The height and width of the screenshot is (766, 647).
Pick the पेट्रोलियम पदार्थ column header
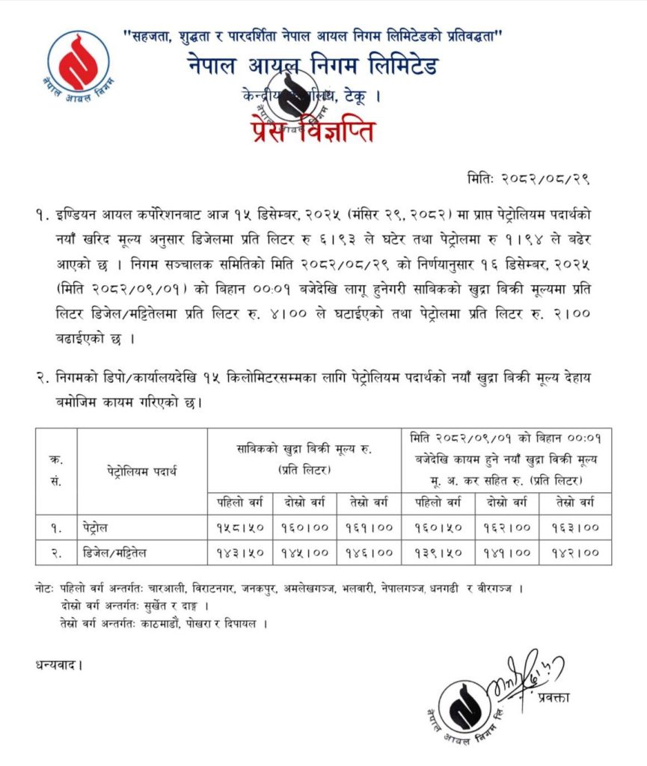(141, 471)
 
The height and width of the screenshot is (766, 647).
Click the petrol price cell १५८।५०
(239, 527)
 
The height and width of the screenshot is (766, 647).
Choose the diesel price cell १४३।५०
(239, 554)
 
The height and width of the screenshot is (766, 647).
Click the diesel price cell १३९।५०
(436, 554)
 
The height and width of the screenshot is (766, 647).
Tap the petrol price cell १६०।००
(304, 527)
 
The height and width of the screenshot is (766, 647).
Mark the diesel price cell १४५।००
(304, 554)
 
